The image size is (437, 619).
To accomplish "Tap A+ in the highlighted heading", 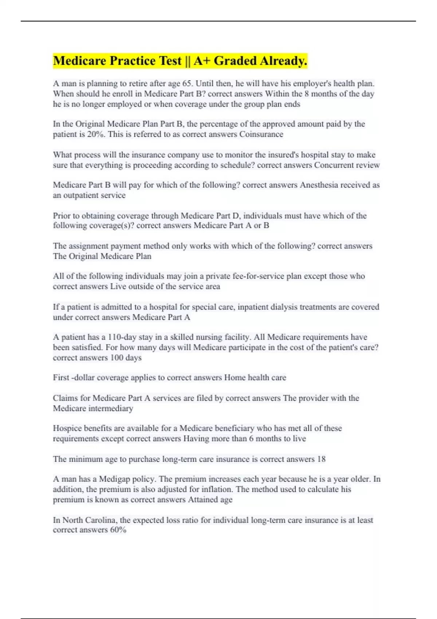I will point(202,61).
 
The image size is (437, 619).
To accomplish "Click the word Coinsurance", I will point(261,134).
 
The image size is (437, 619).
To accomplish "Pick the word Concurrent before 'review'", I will point(335,165).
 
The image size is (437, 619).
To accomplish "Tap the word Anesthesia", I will point(319,185).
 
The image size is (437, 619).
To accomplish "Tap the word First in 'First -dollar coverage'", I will point(61,378).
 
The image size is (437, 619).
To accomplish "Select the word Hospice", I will point(67,428).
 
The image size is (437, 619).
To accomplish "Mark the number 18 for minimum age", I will point(321,459).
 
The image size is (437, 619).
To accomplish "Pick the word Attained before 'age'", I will point(204,500).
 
